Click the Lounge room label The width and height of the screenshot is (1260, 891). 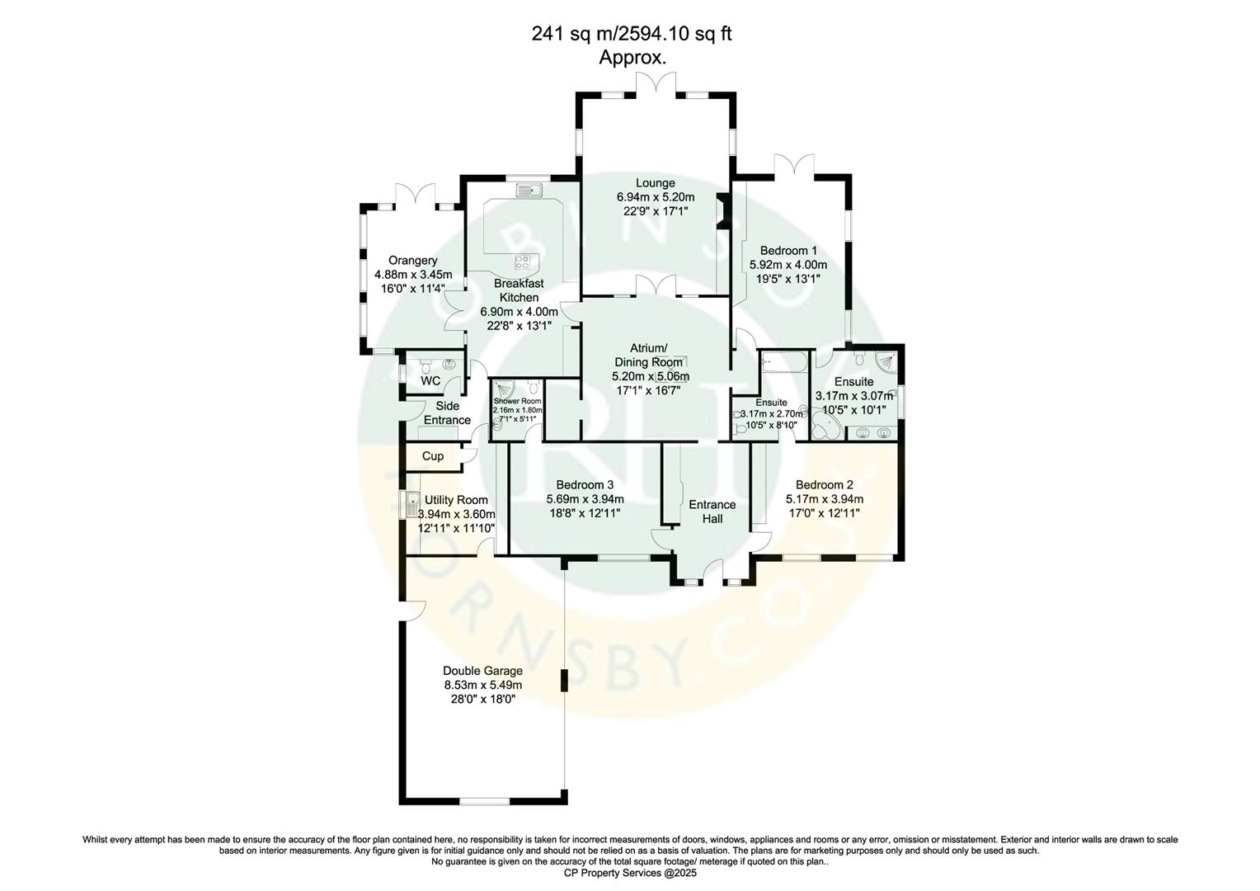pos(655,183)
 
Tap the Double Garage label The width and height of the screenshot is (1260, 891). pos(482,671)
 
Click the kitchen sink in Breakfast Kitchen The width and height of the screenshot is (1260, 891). pos(528,191)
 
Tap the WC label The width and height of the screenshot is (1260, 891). pos(430,381)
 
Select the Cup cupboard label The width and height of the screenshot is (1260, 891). pos(432,456)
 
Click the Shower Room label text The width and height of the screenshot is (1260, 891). pos(517,402)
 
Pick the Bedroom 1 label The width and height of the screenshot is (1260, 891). pos(788,251)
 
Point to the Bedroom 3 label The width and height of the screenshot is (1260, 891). pos(585,485)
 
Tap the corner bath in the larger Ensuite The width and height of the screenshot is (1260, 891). pos(825,424)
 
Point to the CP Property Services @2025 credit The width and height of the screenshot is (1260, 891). pos(629,873)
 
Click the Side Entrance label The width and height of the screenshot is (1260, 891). pos(447,412)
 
